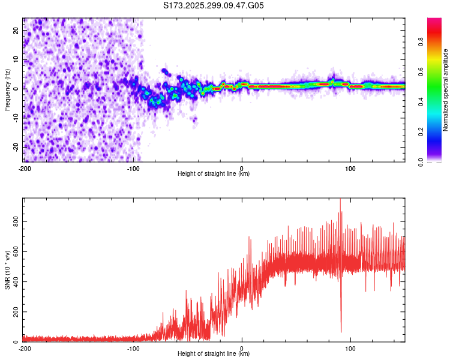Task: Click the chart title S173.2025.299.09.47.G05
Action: [214, 5]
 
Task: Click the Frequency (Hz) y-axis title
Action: [7, 90]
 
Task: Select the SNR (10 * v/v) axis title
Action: [7, 270]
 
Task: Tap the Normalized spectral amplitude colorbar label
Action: [446, 90]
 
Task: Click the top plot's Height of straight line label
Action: [214, 173]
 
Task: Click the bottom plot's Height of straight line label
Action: [214, 353]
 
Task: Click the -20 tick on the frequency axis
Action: [16, 147]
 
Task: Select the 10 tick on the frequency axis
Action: [17, 59]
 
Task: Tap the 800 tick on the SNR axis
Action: [14, 222]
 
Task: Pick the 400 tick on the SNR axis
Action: [14, 282]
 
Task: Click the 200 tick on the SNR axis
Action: [14, 312]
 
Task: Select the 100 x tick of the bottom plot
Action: [350, 347]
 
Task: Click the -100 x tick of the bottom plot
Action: [133, 347]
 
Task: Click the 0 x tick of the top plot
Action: [242, 167]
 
